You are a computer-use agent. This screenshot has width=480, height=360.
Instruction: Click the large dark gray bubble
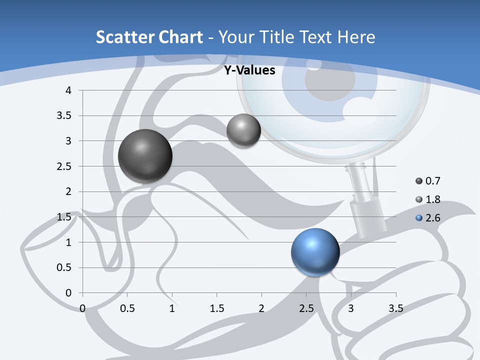tap(145, 156)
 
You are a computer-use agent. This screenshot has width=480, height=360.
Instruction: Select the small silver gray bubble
tap(243, 130)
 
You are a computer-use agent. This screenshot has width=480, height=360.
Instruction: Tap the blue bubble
tap(315, 252)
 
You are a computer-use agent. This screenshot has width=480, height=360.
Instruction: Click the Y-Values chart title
tap(249, 70)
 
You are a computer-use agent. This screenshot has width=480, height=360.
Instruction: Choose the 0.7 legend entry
tap(428, 181)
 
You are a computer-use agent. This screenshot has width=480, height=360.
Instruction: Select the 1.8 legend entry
tap(428, 199)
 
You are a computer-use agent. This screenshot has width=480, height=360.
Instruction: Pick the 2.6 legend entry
tap(428, 218)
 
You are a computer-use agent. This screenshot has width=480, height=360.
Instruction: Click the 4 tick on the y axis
tap(68, 90)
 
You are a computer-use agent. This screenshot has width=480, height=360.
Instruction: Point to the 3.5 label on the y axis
tap(64, 115)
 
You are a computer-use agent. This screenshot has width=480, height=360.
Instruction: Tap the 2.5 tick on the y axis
tap(64, 166)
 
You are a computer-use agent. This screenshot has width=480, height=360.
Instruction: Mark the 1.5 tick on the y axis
tap(64, 217)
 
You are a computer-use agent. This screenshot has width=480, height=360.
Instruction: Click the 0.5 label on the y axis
tap(64, 267)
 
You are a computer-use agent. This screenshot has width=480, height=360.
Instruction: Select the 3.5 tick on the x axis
tap(395, 308)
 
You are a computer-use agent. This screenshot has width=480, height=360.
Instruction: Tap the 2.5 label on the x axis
tap(306, 308)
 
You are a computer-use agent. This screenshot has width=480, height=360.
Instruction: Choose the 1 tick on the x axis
tap(172, 308)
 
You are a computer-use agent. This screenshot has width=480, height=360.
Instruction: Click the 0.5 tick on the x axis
tap(127, 308)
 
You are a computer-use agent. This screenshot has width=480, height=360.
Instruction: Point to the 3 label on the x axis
tap(351, 308)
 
